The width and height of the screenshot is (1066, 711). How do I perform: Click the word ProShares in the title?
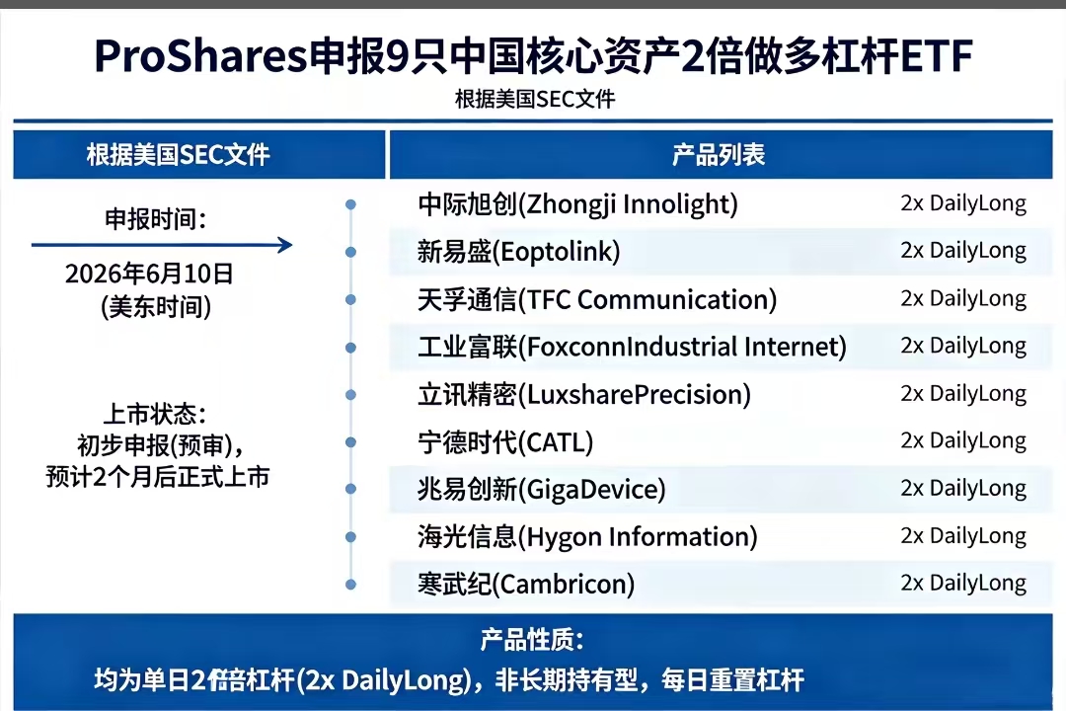click(201, 55)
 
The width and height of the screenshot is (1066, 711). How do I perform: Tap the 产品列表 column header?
click(719, 155)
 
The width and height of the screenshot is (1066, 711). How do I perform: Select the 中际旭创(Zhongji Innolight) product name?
click(577, 204)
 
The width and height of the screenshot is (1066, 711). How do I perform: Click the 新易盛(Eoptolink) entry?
click(519, 252)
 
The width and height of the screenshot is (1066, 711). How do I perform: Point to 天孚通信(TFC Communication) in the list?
click(597, 299)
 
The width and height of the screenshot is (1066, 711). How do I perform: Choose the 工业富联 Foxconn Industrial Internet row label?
click(633, 347)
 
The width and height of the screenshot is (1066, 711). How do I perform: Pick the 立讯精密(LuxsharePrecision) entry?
click(584, 395)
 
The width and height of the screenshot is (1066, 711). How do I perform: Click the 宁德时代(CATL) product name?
click(505, 442)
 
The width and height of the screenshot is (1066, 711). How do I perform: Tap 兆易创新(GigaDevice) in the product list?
click(542, 489)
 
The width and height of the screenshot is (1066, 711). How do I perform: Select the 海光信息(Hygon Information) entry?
click(587, 537)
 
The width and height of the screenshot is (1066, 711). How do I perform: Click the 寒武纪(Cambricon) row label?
click(526, 584)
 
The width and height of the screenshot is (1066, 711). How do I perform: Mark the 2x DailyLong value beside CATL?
click(963, 440)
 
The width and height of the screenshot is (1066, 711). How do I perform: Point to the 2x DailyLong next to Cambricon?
click(963, 583)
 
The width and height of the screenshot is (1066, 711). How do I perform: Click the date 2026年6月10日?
click(150, 274)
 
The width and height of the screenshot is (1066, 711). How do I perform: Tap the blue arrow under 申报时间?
click(162, 245)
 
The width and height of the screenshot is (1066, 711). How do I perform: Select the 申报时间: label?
click(156, 219)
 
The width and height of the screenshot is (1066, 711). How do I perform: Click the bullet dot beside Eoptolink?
click(350, 252)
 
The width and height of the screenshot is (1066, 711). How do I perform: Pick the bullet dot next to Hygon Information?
click(350, 537)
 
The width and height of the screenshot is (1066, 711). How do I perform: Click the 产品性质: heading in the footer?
click(532, 640)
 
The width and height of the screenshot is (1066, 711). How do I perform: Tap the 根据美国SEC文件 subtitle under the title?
click(535, 100)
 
